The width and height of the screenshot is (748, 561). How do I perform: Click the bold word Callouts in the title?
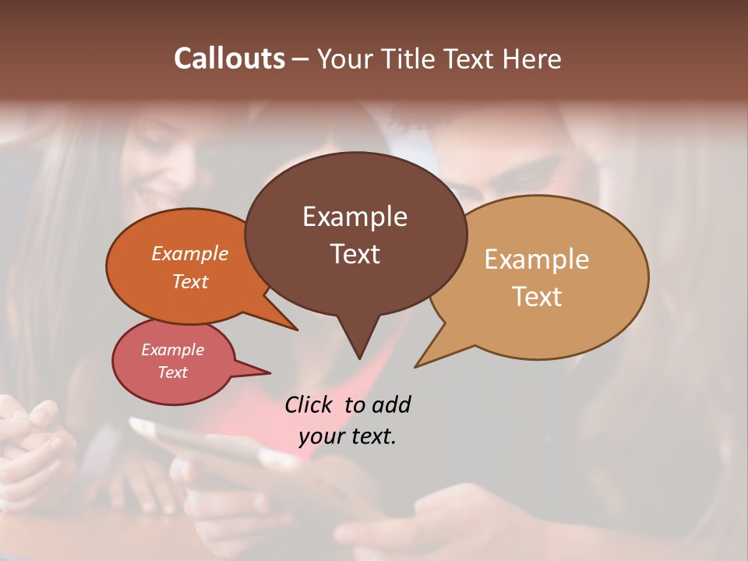(x=229, y=58)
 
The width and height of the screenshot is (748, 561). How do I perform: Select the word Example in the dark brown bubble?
(x=355, y=217)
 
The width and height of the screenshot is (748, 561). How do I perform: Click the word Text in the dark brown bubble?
(x=355, y=254)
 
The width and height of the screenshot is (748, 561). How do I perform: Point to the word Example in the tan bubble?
(x=537, y=259)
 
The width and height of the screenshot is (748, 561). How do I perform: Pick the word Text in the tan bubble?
(x=537, y=297)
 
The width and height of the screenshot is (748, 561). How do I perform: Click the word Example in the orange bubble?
(x=190, y=253)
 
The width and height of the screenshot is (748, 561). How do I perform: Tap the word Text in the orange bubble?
(x=190, y=281)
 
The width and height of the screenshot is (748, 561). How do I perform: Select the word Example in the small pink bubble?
(x=173, y=350)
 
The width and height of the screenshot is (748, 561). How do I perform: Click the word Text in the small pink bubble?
(x=173, y=372)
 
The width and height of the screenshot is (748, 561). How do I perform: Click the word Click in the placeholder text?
(x=310, y=404)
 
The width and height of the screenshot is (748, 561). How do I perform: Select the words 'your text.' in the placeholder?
(x=348, y=436)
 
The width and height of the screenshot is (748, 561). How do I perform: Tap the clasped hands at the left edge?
(x=31, y=436)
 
